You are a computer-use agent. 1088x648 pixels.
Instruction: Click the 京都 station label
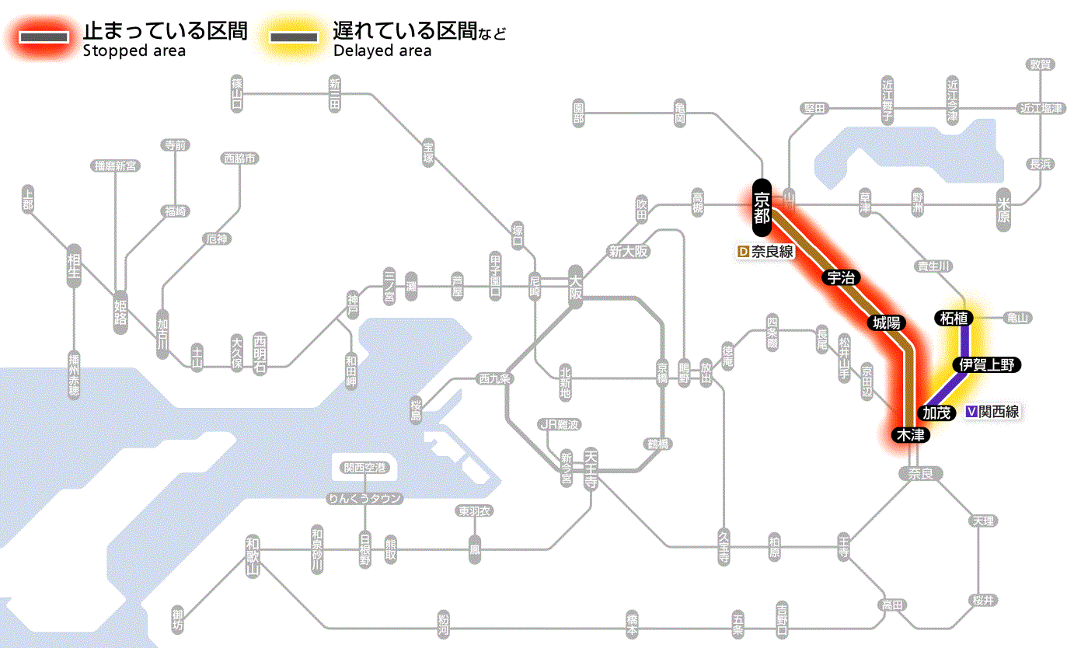pos(762,207)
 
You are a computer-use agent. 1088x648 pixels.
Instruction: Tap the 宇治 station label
pos(837,278)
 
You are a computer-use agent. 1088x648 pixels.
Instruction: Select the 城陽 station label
pos(885,322)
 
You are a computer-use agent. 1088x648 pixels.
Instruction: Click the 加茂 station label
pos(936,413)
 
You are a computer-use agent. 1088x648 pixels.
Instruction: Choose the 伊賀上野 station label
pos(986,364)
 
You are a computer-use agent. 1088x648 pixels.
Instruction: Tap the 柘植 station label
pos(953,317)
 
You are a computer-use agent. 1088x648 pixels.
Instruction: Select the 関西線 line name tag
pos(992,412)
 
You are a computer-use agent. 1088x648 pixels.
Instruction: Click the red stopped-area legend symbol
pos(45,37)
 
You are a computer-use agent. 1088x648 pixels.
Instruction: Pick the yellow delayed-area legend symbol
pos(294,37)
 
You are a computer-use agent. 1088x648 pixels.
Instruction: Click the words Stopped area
pos(134,51)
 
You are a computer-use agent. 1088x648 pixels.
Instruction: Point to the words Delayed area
pos(382,51)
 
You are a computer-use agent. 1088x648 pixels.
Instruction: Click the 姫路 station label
pos(120,311)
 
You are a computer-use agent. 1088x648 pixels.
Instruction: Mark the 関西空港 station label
pos(364,468)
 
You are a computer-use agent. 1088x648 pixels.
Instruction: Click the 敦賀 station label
pos(1040,64)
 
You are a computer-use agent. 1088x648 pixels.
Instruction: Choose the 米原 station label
pos(1004,210)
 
